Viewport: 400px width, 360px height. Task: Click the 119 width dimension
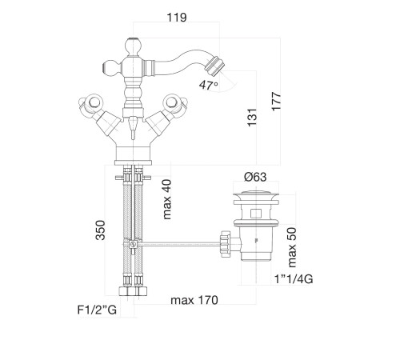point(177,18)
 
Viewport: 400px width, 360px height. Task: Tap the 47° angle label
point(208,86)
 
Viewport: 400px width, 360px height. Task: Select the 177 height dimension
point(277,101)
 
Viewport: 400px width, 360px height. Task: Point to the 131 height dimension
point(252,118)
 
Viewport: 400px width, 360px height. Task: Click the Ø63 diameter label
point(255,177)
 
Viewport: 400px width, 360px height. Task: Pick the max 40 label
point(167,199)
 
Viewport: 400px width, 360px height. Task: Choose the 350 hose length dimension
point(101,230)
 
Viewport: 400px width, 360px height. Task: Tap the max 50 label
point(292,247)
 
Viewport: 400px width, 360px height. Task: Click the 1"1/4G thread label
point(294,279)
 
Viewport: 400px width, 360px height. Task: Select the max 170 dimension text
point(194,300)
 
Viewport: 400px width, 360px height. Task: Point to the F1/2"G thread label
point(97,310)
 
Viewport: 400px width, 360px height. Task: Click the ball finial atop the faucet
point(133,46)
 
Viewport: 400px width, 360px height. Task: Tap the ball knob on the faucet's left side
point(112,67)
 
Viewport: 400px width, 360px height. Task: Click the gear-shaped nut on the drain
point(225,244)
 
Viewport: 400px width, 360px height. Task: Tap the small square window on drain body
point(256,214)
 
